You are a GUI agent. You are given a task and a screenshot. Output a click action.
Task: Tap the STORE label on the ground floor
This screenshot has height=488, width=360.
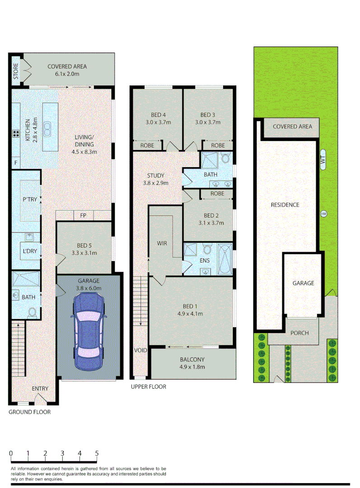point(16,71)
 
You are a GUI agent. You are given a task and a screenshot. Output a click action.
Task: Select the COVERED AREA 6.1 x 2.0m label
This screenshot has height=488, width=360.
point(67,70)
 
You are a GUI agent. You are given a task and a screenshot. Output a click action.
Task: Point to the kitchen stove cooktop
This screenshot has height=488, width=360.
point(16,133)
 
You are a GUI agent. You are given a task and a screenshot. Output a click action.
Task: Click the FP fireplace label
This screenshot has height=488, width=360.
point(83,216)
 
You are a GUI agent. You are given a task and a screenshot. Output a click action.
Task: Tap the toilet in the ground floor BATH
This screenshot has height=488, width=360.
point(32,312)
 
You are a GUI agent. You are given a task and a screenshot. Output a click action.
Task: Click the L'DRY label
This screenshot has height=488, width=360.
point(27,251)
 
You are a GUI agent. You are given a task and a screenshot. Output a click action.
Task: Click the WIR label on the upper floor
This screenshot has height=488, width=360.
point(162,244)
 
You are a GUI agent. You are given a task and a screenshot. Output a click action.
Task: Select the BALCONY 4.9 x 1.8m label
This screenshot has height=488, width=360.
point(192,363)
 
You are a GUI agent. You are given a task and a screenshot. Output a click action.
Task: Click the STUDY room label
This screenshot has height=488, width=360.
point(156,179)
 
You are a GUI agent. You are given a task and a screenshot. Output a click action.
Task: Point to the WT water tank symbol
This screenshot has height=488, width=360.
point(323,160)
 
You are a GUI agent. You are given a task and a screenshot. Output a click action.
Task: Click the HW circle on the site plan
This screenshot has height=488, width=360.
point(323,214)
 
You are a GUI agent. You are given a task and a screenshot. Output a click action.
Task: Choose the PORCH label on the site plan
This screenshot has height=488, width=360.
point(299,333)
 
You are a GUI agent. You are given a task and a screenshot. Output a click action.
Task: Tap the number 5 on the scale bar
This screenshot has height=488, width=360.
point(97,453)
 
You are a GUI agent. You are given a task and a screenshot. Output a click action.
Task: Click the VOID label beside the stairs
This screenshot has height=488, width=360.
point(140,350)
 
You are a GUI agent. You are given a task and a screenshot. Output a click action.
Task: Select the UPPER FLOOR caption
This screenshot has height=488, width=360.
point(149,387)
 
